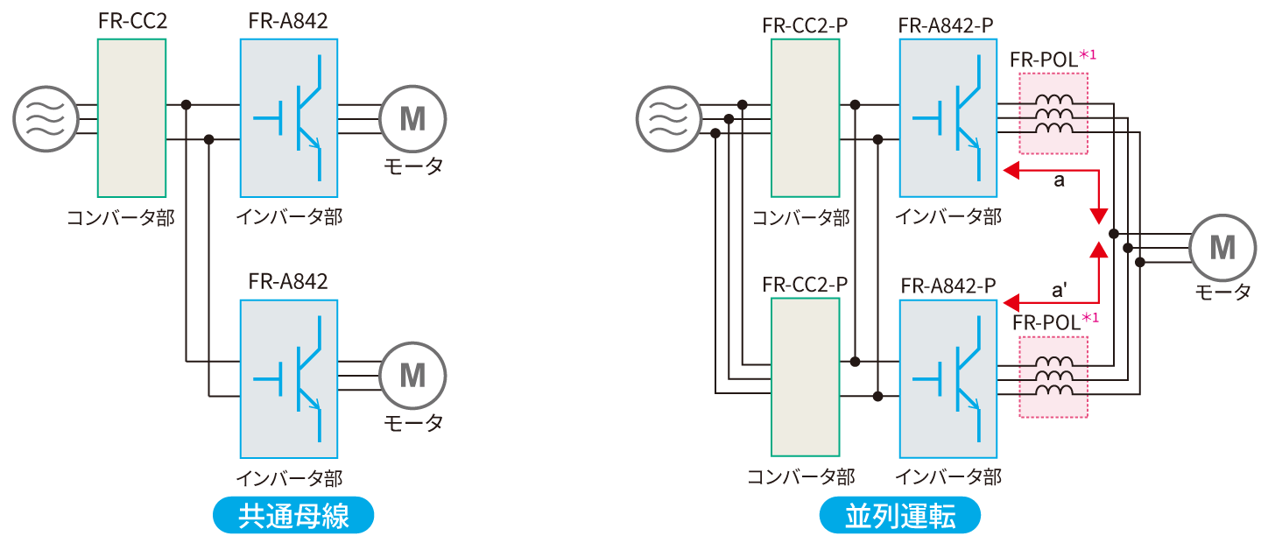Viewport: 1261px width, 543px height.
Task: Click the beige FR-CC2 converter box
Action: click(132, 117)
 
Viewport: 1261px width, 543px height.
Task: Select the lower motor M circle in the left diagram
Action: click(412, 375)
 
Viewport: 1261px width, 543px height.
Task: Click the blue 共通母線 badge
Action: click(293, 516)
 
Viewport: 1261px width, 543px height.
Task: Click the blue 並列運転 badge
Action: click(899, 516)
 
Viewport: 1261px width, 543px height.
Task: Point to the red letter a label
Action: click(1059, 181)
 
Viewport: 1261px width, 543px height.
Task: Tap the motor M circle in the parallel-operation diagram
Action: click(1222, 249)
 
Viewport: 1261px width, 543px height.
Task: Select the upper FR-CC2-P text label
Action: click(805, 25)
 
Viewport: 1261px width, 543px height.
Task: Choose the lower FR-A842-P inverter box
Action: click(948, 378)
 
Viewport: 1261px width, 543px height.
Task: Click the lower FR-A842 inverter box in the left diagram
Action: click(289, 378)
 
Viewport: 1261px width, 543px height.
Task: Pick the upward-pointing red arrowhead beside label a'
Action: click(1099, 250)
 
